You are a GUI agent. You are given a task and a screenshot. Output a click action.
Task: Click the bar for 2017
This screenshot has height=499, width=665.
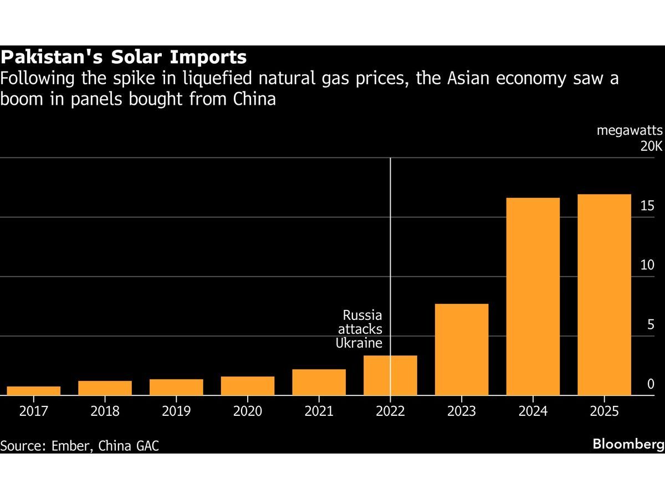click(34, 390)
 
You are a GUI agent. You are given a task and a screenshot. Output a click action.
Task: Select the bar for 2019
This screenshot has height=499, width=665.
click(176, 387)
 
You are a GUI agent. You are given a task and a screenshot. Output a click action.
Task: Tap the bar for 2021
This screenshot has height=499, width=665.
click(319, 382)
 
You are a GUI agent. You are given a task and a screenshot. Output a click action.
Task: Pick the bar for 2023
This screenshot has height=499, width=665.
click(462, 349)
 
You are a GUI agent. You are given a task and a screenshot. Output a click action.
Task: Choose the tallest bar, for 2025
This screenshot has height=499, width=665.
click(604, 294)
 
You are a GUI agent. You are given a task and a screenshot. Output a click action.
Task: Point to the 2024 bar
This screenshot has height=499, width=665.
click(533, 296)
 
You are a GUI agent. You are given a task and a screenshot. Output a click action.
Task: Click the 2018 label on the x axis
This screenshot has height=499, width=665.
click(105, 411)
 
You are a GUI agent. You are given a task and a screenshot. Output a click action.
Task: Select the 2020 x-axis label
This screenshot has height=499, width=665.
click(247, 411)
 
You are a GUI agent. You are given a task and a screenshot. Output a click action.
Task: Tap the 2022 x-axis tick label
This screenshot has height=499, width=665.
click(390, 411)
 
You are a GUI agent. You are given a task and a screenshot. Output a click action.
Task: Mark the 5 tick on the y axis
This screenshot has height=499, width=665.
click(651, 325)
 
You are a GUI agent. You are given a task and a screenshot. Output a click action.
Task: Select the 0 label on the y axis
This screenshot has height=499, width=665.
click(651, 384)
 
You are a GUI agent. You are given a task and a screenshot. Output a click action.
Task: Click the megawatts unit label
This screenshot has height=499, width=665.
click(630, 131)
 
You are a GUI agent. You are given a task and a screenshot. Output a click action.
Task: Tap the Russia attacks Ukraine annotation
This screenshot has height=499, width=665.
click(360, 329)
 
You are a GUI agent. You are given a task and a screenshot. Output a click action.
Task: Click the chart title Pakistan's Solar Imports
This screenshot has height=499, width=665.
click(123, 57)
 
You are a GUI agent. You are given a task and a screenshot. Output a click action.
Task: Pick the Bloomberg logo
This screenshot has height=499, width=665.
click(628, 444)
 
